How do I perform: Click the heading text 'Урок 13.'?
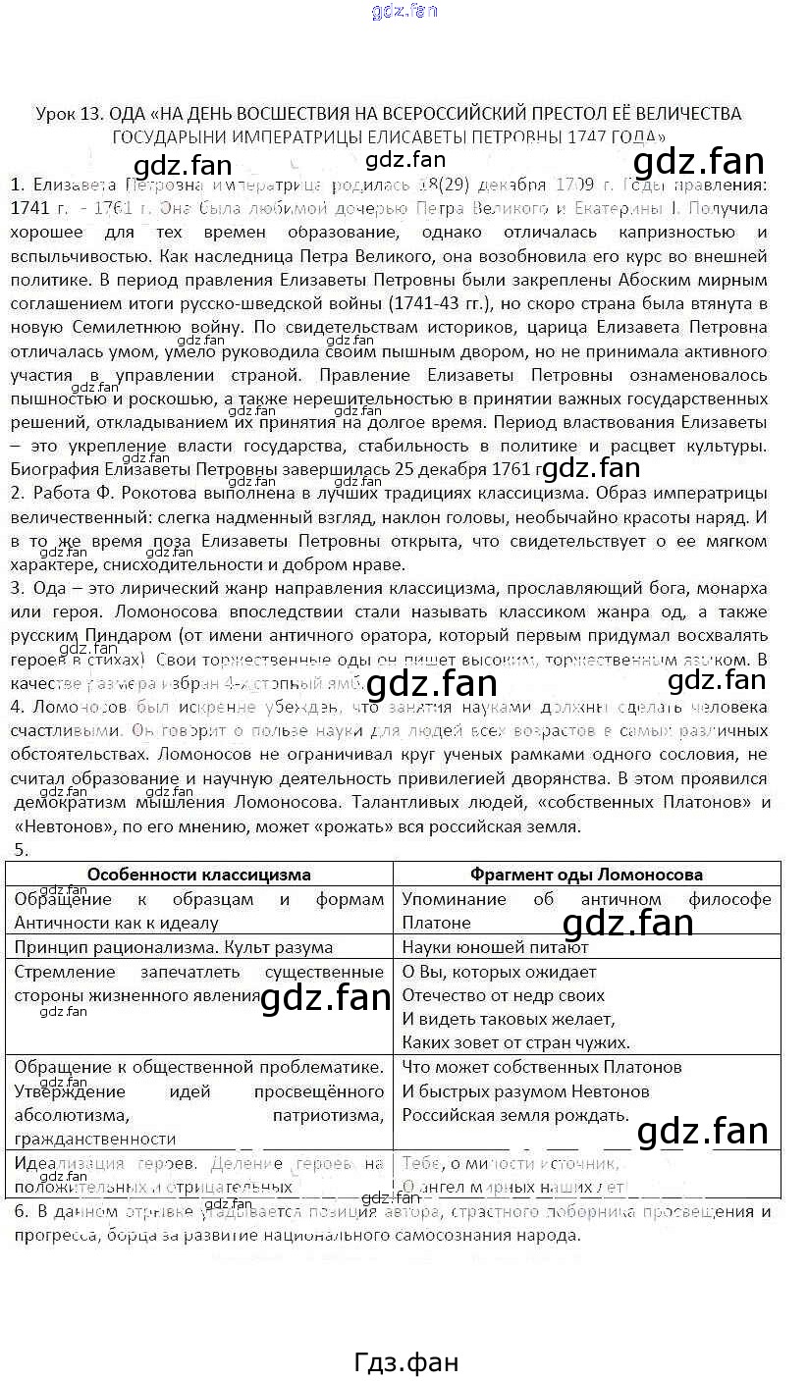(x=68, y=114)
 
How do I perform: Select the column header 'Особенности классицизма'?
(x=198, y=875)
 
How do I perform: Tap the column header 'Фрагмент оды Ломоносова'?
(x=586, y=875)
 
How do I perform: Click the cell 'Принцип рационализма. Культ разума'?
(x=174, y=947)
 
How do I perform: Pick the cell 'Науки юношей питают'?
(x=495, y=947)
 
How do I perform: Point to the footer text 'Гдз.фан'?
(x=404, y=1362)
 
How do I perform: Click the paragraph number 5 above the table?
(x=21, y=850)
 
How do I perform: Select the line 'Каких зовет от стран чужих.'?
(x=516, y=1042)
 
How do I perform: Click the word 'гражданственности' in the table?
(x=95, y=1139)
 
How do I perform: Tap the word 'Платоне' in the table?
(x=436, y=923)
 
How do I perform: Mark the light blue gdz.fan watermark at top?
(x=404, y=12)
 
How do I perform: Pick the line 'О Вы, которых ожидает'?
(x=500, y=972)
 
